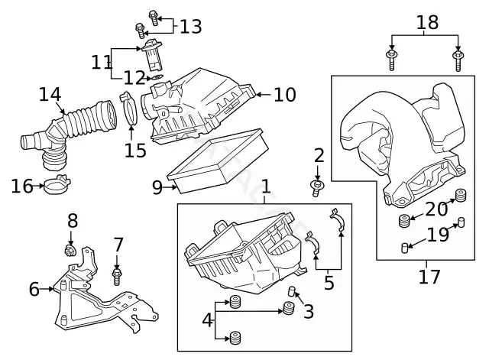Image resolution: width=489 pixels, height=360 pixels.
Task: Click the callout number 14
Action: [50, 95]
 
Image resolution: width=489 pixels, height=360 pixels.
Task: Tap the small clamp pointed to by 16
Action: [58, 184]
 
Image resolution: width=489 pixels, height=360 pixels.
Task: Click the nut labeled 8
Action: [70, 250]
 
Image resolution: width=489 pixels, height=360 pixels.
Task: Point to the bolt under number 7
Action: [117, 276]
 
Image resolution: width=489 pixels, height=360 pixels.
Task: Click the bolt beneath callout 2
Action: [316, 188]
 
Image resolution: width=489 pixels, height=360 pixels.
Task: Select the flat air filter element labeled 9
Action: [219, 161]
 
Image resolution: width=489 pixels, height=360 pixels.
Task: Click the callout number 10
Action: [285, 95]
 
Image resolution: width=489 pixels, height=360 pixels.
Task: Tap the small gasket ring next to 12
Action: [157, 76]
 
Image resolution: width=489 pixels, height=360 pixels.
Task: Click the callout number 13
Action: [191, 26]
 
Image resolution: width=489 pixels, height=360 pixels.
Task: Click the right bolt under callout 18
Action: [457, 60]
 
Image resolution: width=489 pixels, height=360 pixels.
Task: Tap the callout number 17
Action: [429, 277]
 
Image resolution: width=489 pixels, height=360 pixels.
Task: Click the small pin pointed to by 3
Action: [291, 291]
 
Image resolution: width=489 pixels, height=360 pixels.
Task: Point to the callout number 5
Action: [329, 283]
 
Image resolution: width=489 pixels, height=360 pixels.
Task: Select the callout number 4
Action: [207, 319]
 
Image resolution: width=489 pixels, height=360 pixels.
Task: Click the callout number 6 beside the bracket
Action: [34, 289]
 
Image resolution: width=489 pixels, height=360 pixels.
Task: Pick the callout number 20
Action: [436, 209]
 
